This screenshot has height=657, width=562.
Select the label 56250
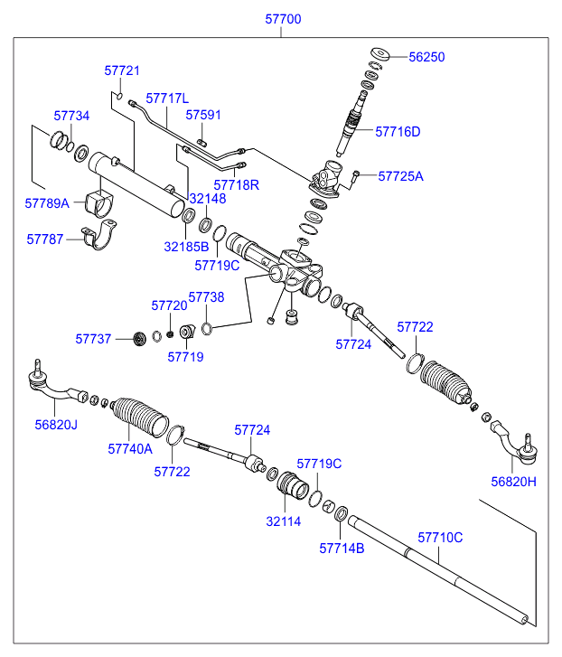pyautogui.click(x=426, y=56)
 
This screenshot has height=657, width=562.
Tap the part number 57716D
pyautogui.click(x=398, y=131)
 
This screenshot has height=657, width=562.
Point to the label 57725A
pyautogui.click(x=400, y=176)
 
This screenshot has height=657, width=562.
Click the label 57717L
pyautogui.click(x=167, y=98)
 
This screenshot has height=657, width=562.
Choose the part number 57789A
pyautogui.click(x=47, y=203)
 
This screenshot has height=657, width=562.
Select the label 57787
pyautogui.click(x=45, y=239)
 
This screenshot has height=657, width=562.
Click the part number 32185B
pyautogui.click(x=186, y=246)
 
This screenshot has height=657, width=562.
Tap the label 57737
pyautogui.click(x=93, y=339)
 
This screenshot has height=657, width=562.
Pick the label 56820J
pyautogui.click(x=56, y=424)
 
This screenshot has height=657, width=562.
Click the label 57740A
pyautogui.click(x=130, y=448)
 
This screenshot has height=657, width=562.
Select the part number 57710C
pyautogui.click(x=440, y=537)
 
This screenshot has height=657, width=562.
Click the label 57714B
pyautogui.click(x=342, y=547)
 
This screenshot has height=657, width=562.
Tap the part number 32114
pyautogui.click(x=283, y=521)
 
